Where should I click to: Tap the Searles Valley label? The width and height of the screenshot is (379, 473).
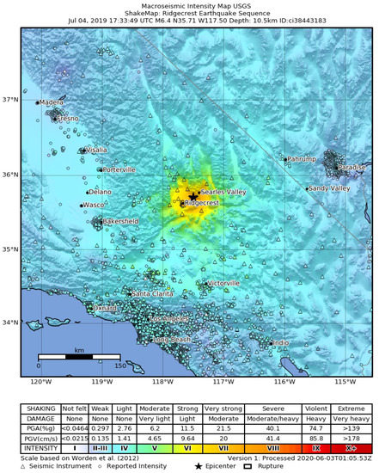[x=223, y=192]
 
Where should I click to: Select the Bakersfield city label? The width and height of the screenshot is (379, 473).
[x=119, y=221]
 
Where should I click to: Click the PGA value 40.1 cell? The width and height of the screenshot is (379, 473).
[x=275, y=426]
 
